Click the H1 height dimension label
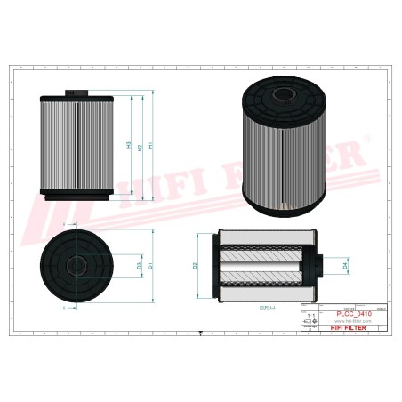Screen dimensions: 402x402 (151, 145)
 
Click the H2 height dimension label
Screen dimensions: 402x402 (141, 145)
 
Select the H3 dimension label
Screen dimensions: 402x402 (130, 145)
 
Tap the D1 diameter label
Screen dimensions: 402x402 (151, 265)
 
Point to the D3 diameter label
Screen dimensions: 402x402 (139, 265)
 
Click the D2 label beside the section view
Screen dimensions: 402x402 (196, 265)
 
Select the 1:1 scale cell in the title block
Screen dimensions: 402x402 (310, 315)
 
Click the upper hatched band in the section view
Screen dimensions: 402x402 (264, 247)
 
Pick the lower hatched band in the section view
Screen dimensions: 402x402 (264, 283)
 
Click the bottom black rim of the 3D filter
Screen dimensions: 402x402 (285, 211)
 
